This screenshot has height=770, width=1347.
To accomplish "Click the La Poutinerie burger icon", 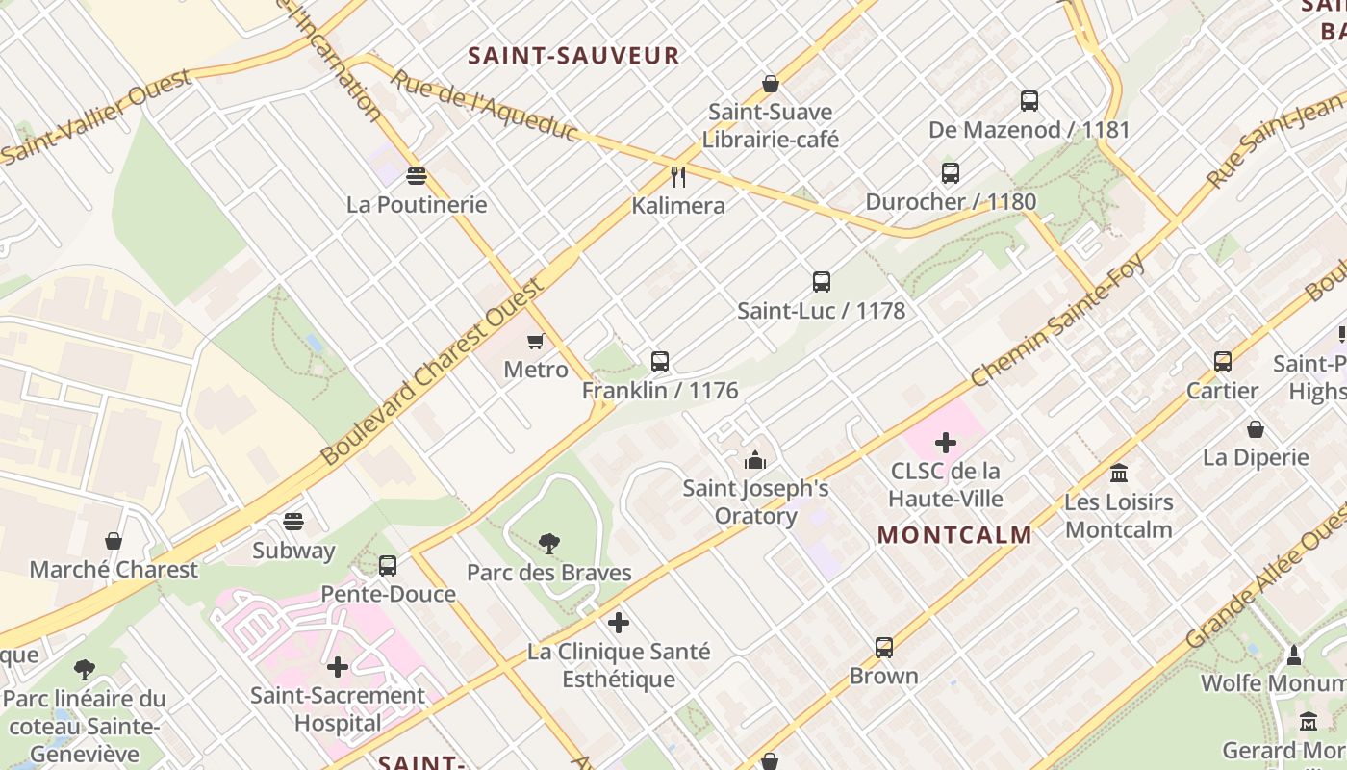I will [x=417, y=176].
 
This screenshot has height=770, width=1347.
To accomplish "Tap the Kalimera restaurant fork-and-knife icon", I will [x=678, y=176].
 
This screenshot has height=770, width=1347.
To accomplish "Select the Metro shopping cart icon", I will [x=536, y=341].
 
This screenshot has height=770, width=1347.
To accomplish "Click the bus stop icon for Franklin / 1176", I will [x=660, y=362].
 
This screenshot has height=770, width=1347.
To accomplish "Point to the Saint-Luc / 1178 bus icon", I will [x=822, y=282].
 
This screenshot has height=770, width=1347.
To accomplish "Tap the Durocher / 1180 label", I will [x=951, y=201].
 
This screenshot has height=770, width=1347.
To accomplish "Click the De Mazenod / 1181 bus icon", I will [x=1029, y=100].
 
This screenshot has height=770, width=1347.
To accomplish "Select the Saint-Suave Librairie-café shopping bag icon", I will [x=770, y=84].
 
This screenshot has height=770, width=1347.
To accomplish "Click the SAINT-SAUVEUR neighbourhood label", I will [x=573, y=56].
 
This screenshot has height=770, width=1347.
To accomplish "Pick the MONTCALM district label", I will [x=954, y=535].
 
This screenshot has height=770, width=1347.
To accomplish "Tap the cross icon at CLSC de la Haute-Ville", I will [x=946, y=443].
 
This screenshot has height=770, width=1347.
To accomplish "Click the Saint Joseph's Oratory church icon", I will [x=755, y=460].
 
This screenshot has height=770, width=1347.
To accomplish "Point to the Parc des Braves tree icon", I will [x=549, y=545].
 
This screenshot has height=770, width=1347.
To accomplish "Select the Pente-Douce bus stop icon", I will [x=388, y=566].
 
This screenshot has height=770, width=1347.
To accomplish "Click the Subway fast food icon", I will [x=293, y=523].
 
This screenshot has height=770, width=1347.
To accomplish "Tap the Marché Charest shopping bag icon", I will [x=114, y=541].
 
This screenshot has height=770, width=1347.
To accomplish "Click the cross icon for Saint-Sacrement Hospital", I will [x=338, y=667].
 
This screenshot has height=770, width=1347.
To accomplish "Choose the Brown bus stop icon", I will [x=884, y=648].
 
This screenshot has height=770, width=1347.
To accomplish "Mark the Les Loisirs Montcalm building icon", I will [x=1119, y=474].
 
